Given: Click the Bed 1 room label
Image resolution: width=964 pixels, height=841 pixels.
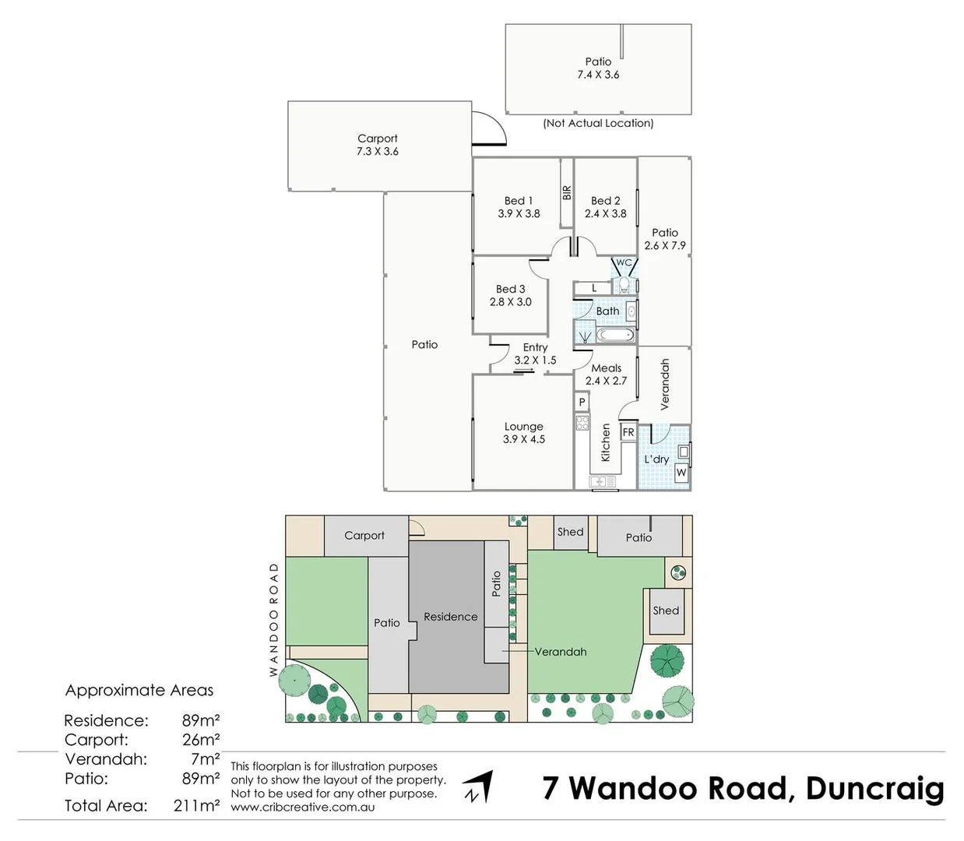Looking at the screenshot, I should coord(519,201).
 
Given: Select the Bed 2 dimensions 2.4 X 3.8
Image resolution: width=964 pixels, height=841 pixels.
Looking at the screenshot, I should coord(605,213).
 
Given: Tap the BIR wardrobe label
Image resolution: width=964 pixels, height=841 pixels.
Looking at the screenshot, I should coord(567,192).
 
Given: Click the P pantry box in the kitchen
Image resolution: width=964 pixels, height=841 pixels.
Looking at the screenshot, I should coord(582,403).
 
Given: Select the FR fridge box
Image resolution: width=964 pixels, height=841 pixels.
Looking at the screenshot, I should coord(628,432).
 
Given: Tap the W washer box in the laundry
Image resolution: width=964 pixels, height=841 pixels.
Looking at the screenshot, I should coord(681,473).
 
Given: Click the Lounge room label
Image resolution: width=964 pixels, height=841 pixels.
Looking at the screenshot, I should coord(523,427).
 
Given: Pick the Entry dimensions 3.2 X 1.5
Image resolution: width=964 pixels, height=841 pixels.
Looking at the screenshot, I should coord(535,361).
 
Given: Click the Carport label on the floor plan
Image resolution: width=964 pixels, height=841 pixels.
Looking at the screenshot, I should coord(378,139).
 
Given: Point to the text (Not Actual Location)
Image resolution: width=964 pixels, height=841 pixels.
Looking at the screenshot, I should coord(598,123).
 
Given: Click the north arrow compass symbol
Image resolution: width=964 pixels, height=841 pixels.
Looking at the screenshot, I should coord(479,786).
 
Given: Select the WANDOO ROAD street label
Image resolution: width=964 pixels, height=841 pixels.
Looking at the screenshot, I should coord(274,619).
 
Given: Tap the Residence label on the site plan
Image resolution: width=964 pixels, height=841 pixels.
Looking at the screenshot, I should coord(450,617).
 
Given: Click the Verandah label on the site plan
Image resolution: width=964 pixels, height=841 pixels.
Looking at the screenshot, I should coord(561,652).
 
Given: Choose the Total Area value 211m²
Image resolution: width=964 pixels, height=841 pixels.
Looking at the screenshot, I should coord(196,806).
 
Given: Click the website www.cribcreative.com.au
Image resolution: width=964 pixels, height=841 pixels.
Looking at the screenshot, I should coord(303,808).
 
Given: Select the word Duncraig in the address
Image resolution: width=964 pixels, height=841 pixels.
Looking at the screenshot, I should coord(874,788).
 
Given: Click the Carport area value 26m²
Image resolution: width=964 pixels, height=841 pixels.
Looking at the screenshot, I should coord(200,740).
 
